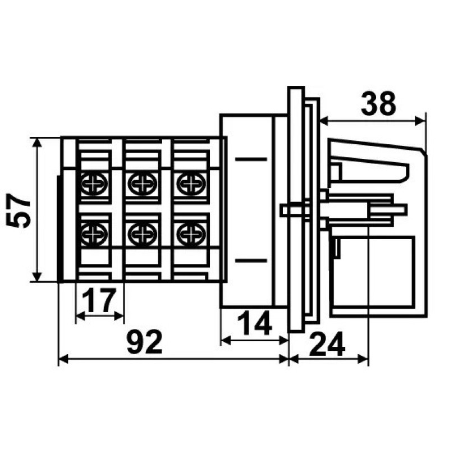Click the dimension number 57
click(x=19, y=210)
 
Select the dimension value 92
click(x=145, y=342)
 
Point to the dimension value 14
click(x=255, y=323)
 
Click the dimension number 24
click(x=327, y=344)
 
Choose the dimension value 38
click(x=378, y=103)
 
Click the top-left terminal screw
click(x=94, y=184)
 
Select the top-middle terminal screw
click(x=143, y=184)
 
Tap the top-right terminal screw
click(x=191, y=184)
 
